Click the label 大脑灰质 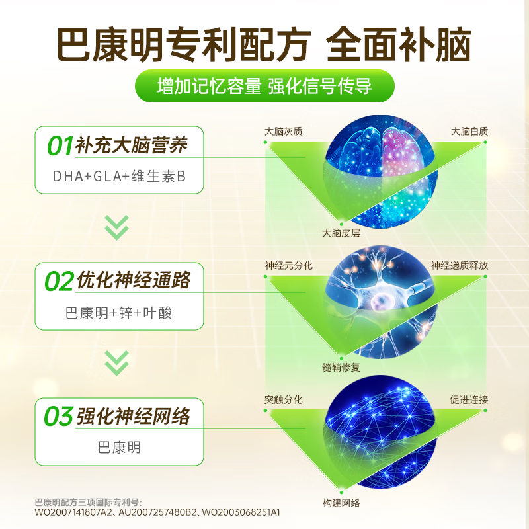[283, 131]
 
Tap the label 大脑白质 [469, 131]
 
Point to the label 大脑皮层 [341, 233]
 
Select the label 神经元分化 [288, 265]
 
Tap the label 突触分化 [283, 399]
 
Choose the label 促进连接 [469, 399]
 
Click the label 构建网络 [341, 503]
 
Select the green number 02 [60, 281]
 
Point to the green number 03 [60, 417]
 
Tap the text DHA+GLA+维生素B [118, 177]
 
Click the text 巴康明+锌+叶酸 [118, 312]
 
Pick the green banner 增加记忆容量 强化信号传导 [264, 87]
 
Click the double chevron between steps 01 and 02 [118, 227]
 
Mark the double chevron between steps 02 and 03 [118, 362]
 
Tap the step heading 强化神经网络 [133, 417]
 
